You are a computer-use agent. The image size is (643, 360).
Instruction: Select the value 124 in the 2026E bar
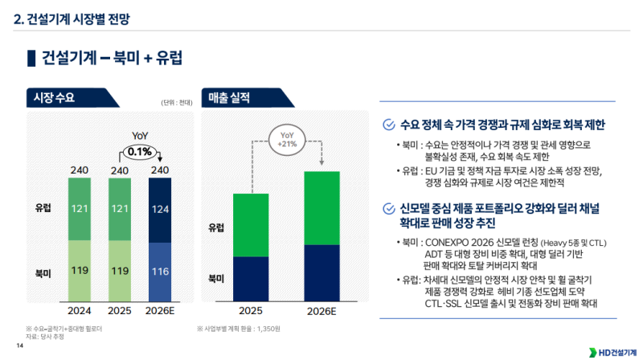pos(159,210)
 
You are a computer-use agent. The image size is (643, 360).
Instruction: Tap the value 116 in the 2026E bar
pos(159,271)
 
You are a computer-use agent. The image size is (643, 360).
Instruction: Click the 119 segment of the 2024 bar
pos(79,271)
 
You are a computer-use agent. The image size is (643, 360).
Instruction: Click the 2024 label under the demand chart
pos(79,310)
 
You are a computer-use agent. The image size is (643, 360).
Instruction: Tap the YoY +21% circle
pos(286,138)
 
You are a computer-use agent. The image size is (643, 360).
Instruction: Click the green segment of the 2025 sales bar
pos(251,225)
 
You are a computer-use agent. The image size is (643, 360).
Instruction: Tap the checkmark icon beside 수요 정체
pos(389,125)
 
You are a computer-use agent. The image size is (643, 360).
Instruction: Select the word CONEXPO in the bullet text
pos(453,242)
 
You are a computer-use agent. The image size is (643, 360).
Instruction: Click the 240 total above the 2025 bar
pos(119,170)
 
